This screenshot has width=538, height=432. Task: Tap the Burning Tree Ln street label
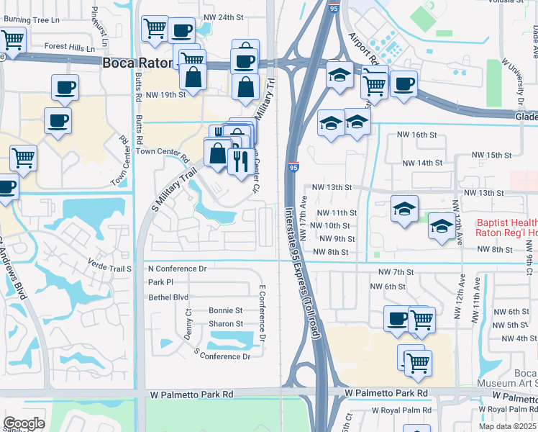[x=30, y=19]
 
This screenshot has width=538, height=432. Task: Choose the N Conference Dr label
[x=177, y=269]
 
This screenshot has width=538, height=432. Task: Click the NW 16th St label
[x=417, y=135]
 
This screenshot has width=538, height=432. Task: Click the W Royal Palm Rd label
[x=401, y=410]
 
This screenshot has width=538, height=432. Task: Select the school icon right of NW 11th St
[x=404, y=209]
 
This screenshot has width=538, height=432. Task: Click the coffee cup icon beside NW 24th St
[x=181, y=30]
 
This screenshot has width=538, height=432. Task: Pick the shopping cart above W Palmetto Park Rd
[x=417, y=362]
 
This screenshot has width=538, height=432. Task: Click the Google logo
[x=24, y=423]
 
